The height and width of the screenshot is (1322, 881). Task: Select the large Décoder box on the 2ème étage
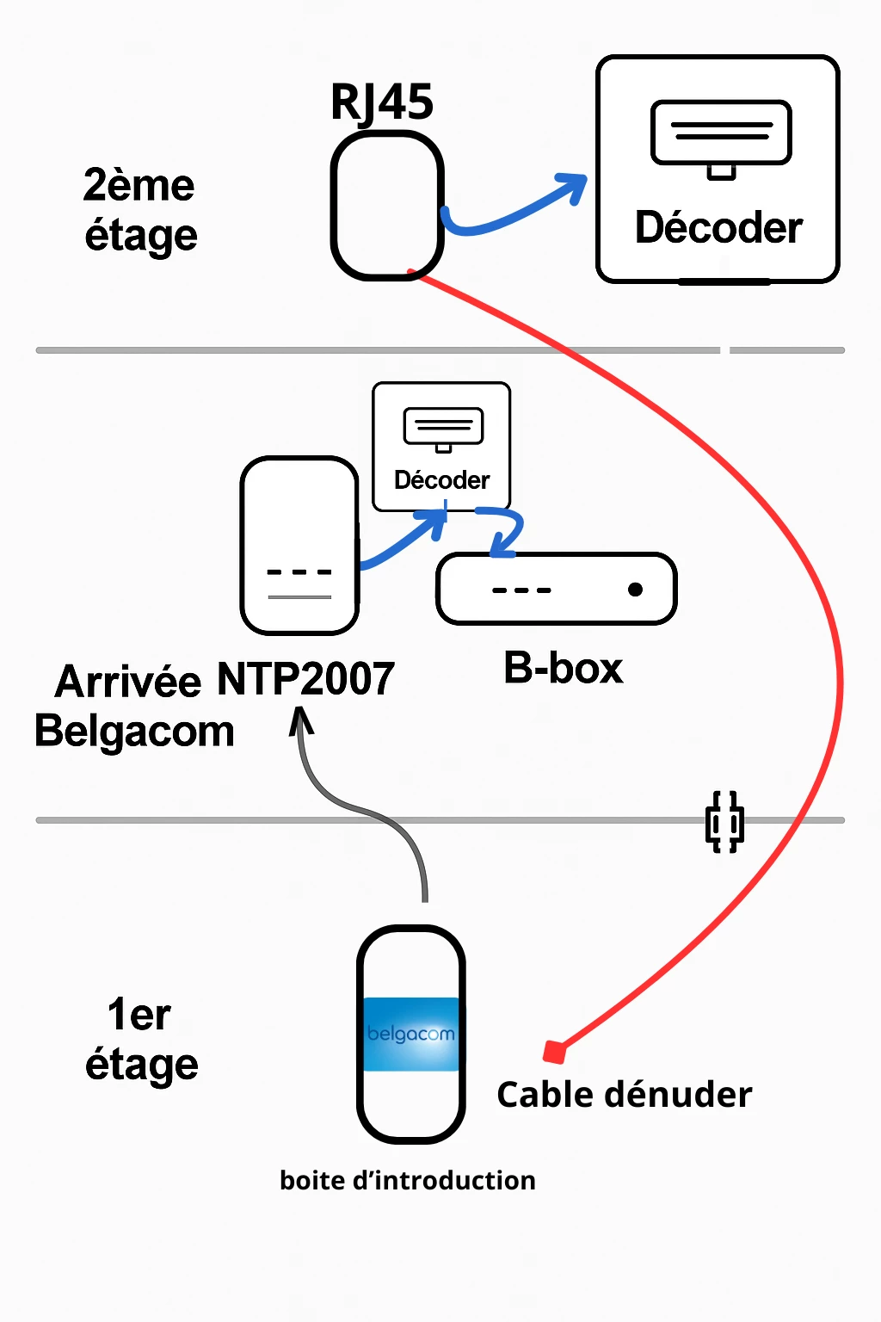(x=718, y=170)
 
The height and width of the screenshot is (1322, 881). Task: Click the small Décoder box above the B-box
(x=441, y=447)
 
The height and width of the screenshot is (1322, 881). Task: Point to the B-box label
(x=563, y=669)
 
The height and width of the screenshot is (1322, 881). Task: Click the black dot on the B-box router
(x=635, y=590)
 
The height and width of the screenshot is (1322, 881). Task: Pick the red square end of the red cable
(x=555, y=1052)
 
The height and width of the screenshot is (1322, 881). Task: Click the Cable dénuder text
(x=624, y=1095)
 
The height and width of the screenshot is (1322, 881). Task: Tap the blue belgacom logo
(x=410, y=1034)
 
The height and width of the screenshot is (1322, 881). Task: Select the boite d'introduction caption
(x=407, y=1180)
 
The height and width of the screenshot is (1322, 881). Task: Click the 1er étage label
(x=141, y=1040)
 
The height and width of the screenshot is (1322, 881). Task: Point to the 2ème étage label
(x=140, y=210)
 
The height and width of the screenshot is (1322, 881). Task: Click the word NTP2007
(x=305, y=679)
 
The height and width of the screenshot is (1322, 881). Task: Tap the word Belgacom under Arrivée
(x=134, y=732)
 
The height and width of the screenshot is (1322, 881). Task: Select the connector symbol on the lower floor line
(x=724, y=822)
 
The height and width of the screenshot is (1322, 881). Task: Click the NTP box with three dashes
(x=299, y=546)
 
